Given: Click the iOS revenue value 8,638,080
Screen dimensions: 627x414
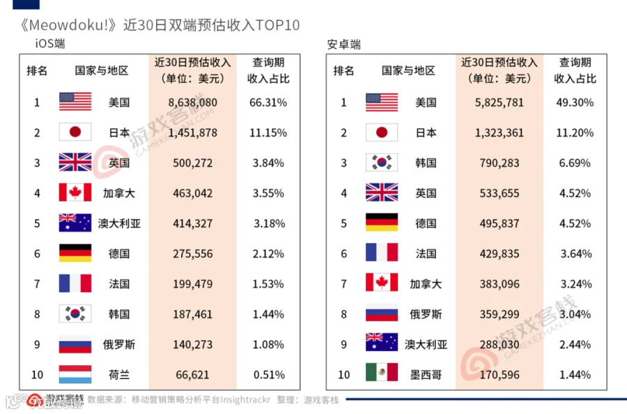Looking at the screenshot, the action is coord(192,102).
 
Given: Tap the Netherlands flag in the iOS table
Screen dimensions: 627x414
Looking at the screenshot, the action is coord(75,374).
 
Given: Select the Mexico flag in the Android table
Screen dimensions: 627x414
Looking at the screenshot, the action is coord(382,372).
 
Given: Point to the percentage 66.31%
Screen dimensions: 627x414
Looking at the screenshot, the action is coord(268,102).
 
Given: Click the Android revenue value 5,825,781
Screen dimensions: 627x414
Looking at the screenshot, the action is coord(499,102).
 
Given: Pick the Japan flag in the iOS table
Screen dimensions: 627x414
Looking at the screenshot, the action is coord(75,132).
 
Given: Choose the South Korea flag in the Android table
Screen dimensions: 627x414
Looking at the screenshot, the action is coord(382,162).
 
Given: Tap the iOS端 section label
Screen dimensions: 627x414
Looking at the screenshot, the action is coord(50,43).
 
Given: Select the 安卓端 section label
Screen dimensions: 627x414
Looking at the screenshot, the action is coord(344,44).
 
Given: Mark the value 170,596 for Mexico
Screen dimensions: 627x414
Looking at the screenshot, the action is coord(500,375).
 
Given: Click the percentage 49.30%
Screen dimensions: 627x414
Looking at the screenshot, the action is coord(575,102).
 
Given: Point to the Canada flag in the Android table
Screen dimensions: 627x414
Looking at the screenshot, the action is coord(382,282).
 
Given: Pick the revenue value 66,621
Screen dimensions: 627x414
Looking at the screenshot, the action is coord(192,375).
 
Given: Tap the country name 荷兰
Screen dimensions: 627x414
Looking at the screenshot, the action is coord(119,375).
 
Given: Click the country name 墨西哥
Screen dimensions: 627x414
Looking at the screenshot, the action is coord(426,375).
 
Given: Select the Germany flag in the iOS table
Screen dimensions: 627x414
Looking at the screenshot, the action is coord(75,253).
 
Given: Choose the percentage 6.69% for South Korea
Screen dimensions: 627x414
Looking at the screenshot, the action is coord(575,163).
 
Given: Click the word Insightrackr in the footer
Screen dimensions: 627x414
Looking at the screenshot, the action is coord(245,399).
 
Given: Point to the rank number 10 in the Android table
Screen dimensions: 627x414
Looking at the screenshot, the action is coord(344,375).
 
